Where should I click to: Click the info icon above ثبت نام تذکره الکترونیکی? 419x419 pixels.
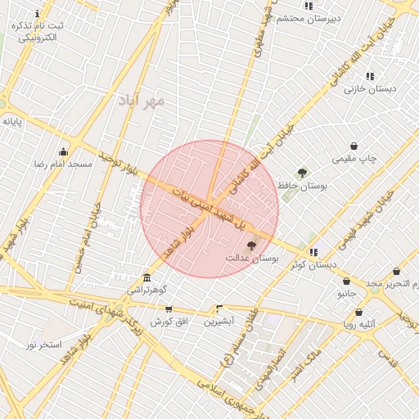click(x=38, y=14)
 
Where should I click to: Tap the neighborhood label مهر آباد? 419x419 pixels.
click(x=142, y=101)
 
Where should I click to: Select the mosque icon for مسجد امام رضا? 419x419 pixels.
click(x=63, y=151)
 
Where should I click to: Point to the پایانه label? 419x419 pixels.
click(x=11, y=121)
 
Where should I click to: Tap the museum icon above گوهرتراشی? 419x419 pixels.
click(x=146, y=277)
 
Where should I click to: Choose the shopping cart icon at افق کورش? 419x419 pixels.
click(x=169, y=309)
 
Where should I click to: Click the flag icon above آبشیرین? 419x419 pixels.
click(x=219, y=309)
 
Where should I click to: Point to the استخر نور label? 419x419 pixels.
click(x=43, y=345)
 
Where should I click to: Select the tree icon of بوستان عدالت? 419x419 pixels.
click(x=251, y=245)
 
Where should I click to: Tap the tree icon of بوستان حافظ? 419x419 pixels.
click(x=302, y=173)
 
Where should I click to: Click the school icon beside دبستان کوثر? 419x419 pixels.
click(x=314, y=252)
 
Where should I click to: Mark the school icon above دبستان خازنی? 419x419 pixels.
click(x=370, y=76)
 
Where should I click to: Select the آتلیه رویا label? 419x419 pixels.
click(x=358, y=324)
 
